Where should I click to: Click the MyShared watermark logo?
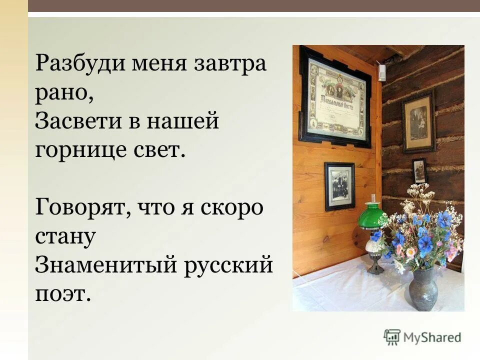(x=422, y=336)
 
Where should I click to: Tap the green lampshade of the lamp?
(x=373, y=216)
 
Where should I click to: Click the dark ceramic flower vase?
(x=423, y=290)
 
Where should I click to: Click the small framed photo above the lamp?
(x=339, y=185)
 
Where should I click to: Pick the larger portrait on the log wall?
(x=418, y=121)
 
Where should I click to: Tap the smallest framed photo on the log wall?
(x=419, y=171)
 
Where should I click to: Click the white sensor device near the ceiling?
(x=382, y=72)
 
